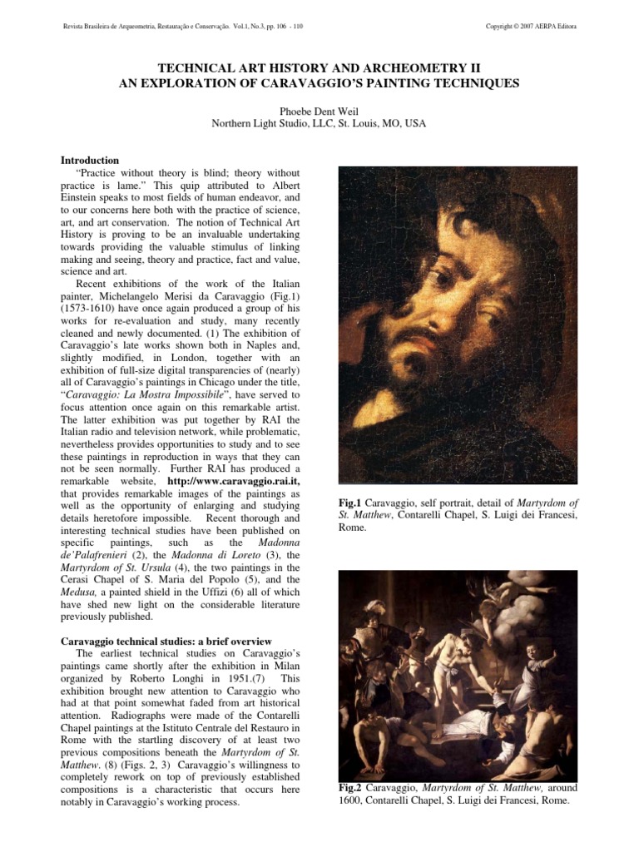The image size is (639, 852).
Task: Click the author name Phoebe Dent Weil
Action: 319,111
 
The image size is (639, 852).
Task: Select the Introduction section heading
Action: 91,160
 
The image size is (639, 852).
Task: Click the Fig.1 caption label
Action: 352,503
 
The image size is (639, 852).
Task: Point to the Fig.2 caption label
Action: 352,787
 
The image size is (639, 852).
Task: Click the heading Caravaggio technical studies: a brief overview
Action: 167,641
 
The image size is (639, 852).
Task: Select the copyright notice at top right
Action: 531,27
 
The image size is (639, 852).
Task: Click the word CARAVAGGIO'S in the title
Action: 360,83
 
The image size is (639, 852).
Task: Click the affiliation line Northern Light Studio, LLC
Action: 319,125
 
